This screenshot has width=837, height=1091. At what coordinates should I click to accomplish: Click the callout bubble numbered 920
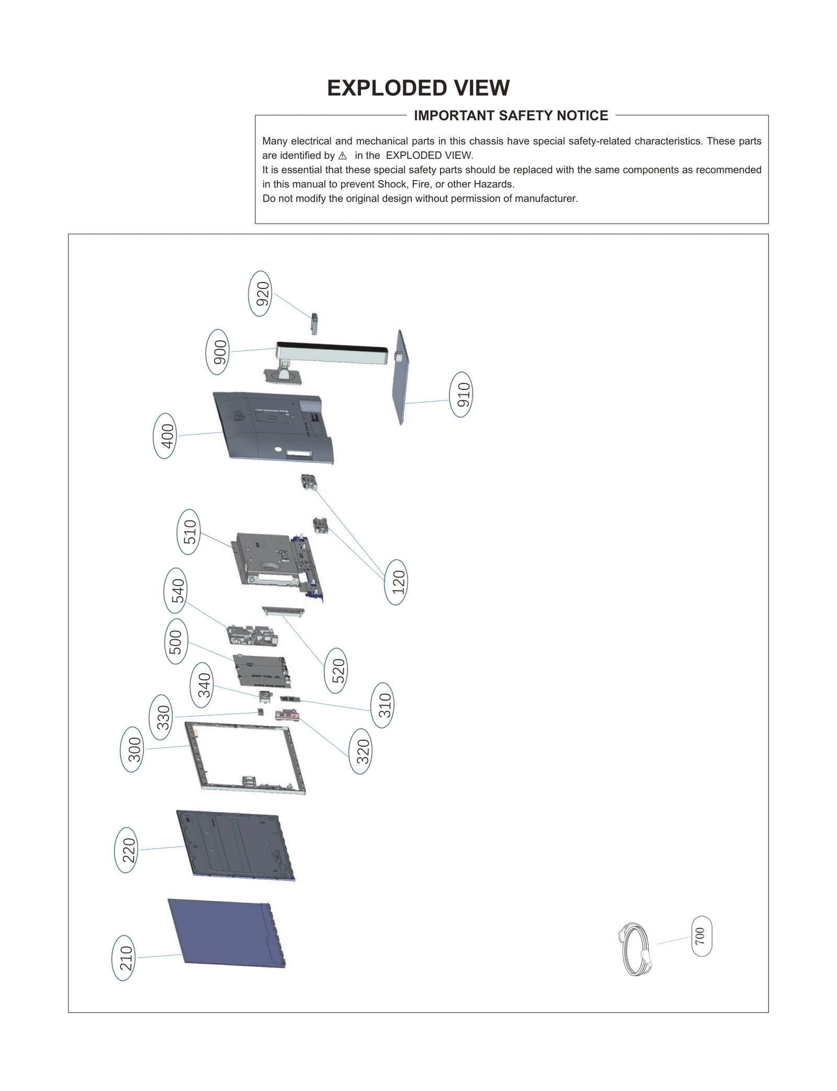tap(260, 294)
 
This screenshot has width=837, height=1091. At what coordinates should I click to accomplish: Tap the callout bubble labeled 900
tap(218, 352)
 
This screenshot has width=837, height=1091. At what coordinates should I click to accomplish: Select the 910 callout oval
tap(461, 395)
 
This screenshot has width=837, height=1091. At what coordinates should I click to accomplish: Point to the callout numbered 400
tap(165, 436)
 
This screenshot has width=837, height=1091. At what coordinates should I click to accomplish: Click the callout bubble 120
tap(396, 582)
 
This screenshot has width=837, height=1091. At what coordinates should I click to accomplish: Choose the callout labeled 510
tap(189, 532)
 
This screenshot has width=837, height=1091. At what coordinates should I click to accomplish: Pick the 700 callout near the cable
tap(702, 936)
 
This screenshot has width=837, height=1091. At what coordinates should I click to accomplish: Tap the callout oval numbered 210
tap(123, 958)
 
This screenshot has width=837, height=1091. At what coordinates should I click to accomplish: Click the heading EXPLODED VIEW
tap(418, 88)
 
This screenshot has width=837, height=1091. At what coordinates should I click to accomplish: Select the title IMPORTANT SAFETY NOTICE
tap(511, 116)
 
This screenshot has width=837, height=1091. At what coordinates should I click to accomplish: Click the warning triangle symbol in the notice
tap(343, 155)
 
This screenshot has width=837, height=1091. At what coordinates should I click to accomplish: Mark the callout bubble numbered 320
tap(360, 752)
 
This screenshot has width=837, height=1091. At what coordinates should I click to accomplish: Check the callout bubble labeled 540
tap(176, 591)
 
